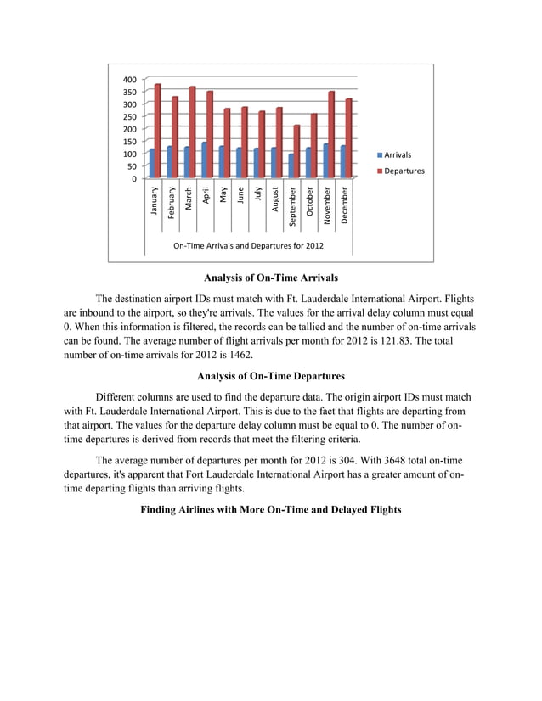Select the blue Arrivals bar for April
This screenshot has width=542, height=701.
204,160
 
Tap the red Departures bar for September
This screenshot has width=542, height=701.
296,152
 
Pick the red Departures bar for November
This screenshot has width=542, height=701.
331,135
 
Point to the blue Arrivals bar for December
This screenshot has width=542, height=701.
342,162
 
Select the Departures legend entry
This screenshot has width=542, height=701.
398,171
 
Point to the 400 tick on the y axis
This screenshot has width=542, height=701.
128,79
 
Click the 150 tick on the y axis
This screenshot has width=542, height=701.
128,142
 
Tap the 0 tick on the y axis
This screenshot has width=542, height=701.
133,179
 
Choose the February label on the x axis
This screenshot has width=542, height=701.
172,202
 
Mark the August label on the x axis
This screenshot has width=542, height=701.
275,199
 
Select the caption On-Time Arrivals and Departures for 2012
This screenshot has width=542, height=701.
248,247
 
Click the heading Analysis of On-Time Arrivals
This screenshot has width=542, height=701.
271,278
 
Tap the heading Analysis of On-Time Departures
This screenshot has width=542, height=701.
271,376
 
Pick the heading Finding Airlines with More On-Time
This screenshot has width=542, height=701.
271,509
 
